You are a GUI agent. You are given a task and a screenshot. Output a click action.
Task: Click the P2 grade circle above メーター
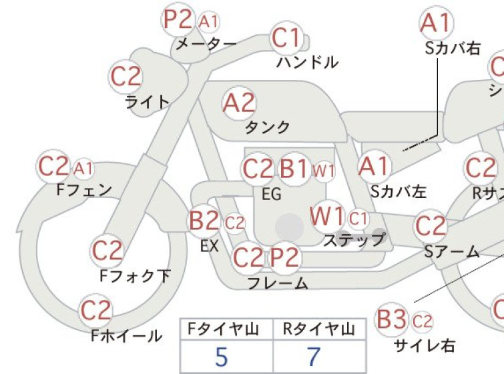[x=178, y=19]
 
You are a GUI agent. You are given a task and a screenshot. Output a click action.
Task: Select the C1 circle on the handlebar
[x=286, y=39]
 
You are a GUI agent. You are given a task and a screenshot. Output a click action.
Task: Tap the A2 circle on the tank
[x=239, y=103]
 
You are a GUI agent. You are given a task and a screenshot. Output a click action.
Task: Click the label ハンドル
[x=307, y=62]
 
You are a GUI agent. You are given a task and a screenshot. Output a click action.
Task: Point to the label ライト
[x=147, y=102]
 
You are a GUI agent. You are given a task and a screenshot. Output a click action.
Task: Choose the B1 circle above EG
[x=294, y=169]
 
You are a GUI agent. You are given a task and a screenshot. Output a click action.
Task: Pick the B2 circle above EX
[x=204, y=221]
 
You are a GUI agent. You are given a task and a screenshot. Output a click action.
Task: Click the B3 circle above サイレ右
[x=391, y=319]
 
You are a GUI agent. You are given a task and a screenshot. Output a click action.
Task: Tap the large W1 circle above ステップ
[x=328, y=217]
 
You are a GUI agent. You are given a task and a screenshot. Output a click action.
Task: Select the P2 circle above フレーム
[x=286, y=258]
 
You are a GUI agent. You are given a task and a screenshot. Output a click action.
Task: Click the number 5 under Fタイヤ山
[x=222, y=357]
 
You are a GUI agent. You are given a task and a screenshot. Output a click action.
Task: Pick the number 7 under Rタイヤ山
[x=314, y=357]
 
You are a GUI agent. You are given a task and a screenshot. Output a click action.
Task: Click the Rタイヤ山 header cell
[x=319, y=329]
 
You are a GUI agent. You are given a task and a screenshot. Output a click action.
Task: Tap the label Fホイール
[x=127, y=336]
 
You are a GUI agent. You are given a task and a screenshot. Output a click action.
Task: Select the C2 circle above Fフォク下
[x=107, y=251]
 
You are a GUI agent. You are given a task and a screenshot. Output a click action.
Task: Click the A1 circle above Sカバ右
[x=437, y=23]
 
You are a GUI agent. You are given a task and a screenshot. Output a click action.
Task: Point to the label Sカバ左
[x=399, y=191]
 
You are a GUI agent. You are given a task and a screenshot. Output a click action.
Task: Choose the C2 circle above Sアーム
[x=431, y=226]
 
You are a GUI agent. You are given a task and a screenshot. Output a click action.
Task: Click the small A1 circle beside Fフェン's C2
[x=83, y=168]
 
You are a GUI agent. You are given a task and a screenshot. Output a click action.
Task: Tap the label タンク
[x=268, y=127]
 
